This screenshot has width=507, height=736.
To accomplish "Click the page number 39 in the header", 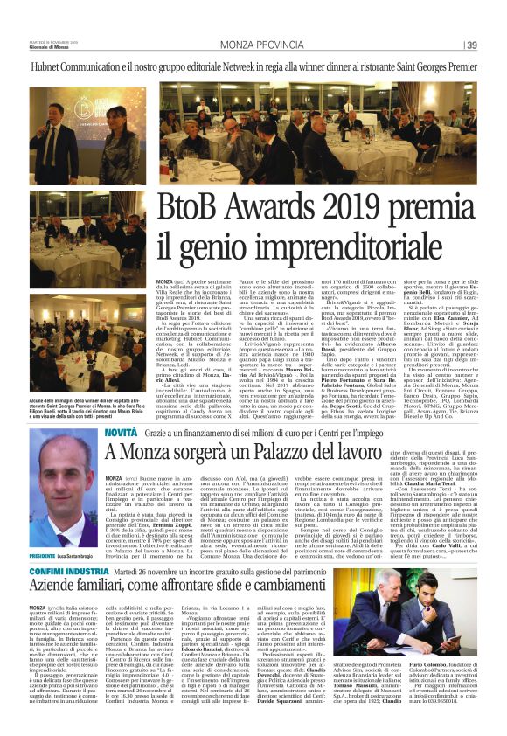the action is point(472,45).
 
